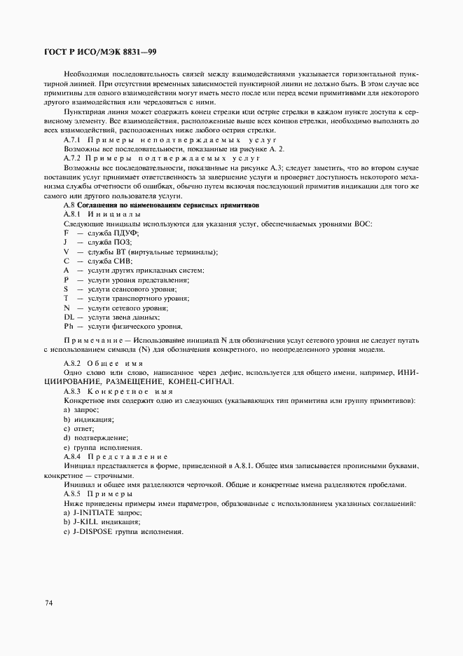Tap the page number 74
(x=48, y=602)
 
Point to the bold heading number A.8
(x=70, y=205)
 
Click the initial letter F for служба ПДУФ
(x=67, y=232)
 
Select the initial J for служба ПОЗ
(x=66, y=242)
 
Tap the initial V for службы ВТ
(x=67, y=251)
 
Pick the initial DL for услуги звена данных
(x=69, y=317)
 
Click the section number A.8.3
(x=73, y=390)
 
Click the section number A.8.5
(x=73, y=494)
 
